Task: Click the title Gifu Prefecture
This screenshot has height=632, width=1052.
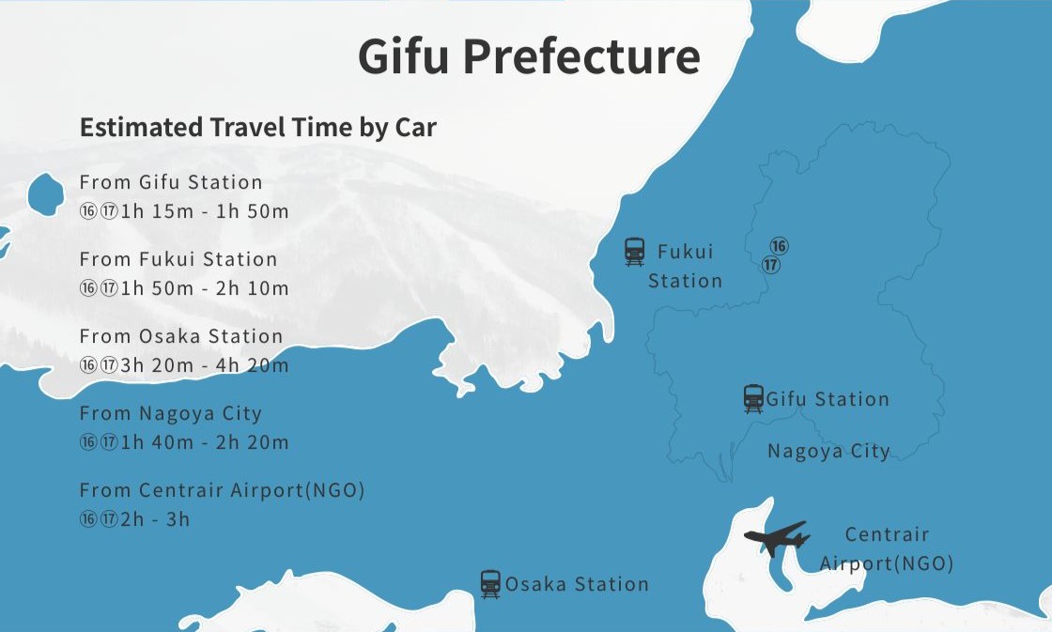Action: pos(529,56)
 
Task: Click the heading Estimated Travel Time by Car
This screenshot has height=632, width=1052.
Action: pos(257,127)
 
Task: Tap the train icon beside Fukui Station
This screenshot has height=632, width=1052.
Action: pos(635,252)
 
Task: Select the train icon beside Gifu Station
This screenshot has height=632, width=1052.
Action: pos(753,398)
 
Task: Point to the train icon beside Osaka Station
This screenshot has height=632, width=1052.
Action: pos(490,584)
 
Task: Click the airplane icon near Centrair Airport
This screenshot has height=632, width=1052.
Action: pos(776,538)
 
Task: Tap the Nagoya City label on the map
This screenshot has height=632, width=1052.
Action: pos(828,451)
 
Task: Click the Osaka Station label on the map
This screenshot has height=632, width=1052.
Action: pos(577,584)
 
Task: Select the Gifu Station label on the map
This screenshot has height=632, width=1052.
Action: pos(828,399)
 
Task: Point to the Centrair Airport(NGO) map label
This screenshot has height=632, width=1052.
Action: pos(887,548)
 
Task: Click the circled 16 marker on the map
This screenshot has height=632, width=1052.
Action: pos(779,247)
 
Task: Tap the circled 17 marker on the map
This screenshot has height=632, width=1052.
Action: pos(771,265)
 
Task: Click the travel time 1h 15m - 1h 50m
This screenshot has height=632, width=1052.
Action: pos(205,211)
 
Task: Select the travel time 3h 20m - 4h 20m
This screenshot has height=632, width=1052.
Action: pos(205,365)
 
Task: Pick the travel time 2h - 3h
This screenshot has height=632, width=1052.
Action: pos(155,519)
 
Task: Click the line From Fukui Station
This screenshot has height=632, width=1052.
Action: pos(178,259)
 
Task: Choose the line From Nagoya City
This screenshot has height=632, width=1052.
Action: pos(171,413)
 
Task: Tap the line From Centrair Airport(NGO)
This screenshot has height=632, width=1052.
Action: pos(222,490)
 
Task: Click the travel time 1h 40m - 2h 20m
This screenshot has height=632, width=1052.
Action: pos(205,442)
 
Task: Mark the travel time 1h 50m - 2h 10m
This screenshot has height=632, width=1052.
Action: pos(205,288)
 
